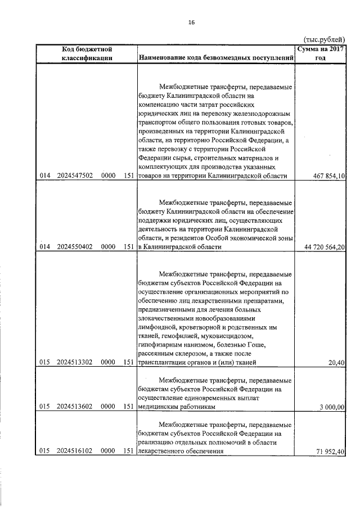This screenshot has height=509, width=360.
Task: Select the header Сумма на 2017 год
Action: (320, 54)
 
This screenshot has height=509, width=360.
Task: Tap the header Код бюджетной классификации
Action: (88, 54)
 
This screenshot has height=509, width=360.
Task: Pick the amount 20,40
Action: (336, 363)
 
